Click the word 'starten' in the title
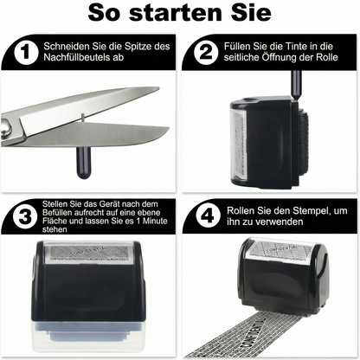click(x=180, y=16)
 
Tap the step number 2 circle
click(x=206, y=54)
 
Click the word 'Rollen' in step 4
click(x=241, y=212)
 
